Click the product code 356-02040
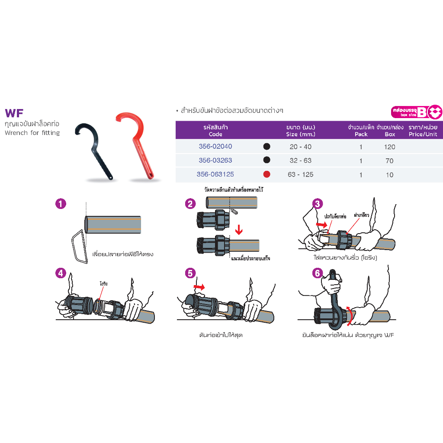pyautogui.click(x=215, y=147)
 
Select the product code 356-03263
pyautogui.click(x=215, y=161)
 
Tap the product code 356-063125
pyautogui.click(x=215, y=174)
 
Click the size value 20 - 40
pyautogui.click(x=301, y=147)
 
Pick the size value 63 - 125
pyautogui.click(x=301, y=174)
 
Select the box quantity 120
pyautogui.click(x=390, y=147)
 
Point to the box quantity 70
pyautogui.click(x=390, y=161)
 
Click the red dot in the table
pyautogui.click(x=267, y=174)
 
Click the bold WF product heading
pyautogui.click(x=14, y=113)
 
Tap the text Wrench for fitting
pyautogui.click(x=32, y=133)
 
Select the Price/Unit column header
pyautogui.click(x=423, y=131)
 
